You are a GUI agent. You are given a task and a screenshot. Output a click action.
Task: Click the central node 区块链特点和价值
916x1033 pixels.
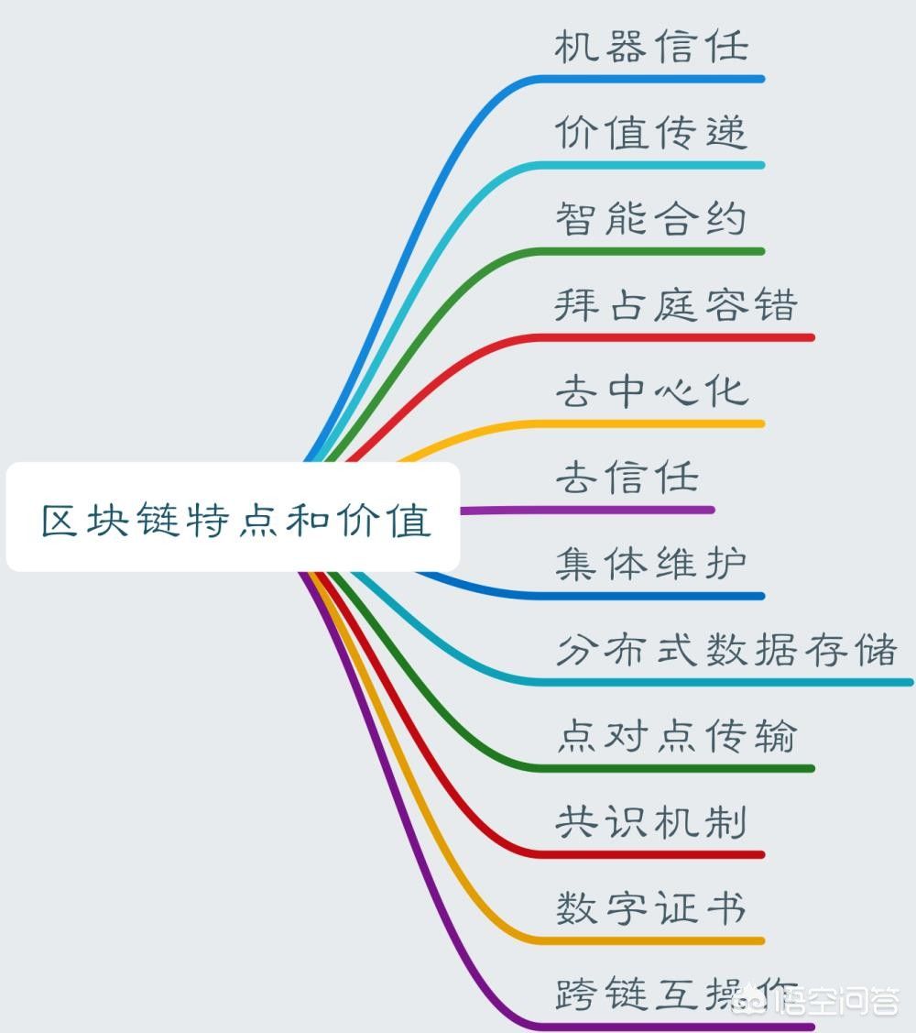[x=233, y=517]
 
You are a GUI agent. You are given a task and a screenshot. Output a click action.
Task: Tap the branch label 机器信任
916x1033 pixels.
[x=651, y=46]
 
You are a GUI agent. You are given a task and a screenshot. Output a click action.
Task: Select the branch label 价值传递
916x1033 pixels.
[x=651, y=132]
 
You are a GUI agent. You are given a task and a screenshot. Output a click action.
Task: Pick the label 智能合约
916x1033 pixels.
[x=651, y=219]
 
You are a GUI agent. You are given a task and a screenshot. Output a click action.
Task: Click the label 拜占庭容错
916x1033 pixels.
[x=676, y=304]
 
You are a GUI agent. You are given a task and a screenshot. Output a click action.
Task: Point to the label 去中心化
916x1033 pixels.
[x=651, y=390]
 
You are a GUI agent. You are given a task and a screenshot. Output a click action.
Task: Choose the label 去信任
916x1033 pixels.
[x=627, y=477]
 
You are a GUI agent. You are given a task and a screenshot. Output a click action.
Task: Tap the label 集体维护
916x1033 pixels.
[x=651, y=564]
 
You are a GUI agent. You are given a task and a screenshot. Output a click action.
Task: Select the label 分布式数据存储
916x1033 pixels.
[x=726, y=650]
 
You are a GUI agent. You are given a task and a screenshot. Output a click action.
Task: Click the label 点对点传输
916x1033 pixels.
[x=676, y=735]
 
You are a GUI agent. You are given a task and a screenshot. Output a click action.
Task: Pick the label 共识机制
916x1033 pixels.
[x=651, y=821]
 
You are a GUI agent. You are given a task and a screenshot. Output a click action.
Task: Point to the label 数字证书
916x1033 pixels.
[x=651, y=907]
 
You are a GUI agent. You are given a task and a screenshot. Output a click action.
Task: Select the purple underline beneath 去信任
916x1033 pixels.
[x=587, y=510]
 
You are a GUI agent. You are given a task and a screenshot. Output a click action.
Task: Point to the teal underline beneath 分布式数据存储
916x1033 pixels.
[x=725, y=683]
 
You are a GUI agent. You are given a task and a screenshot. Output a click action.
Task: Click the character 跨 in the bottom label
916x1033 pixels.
[x=574, y=995]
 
